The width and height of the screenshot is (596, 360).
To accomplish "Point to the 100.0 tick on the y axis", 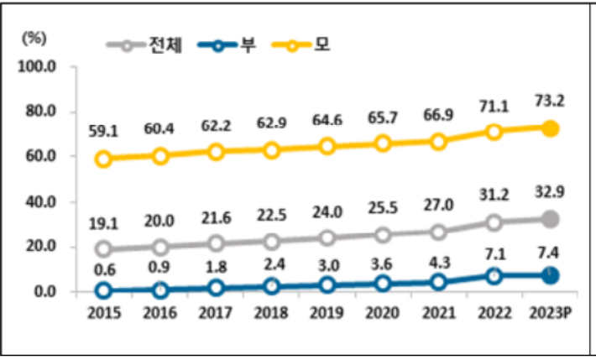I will [x=39, y=65].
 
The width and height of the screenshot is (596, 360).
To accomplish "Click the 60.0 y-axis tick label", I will [x=39, y=156].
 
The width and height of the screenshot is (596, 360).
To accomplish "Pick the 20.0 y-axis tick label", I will [x=39, y=247].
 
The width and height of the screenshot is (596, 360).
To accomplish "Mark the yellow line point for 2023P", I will [x=550, y=128].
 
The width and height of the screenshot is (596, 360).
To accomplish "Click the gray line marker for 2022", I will [x=494, y=222].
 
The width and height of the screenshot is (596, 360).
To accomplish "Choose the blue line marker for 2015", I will [x=104, y=290].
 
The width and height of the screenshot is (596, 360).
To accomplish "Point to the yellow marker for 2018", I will [x=271, y=150].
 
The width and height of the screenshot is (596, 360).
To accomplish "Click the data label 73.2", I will [x=550, y=102].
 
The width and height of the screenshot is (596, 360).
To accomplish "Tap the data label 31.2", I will [x=494, y=193].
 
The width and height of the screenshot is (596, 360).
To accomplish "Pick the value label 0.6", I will [x=104, y=269].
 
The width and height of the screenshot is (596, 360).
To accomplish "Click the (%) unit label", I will [x=34, y=37].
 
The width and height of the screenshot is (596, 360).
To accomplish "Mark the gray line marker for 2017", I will [x=216, y=243].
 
